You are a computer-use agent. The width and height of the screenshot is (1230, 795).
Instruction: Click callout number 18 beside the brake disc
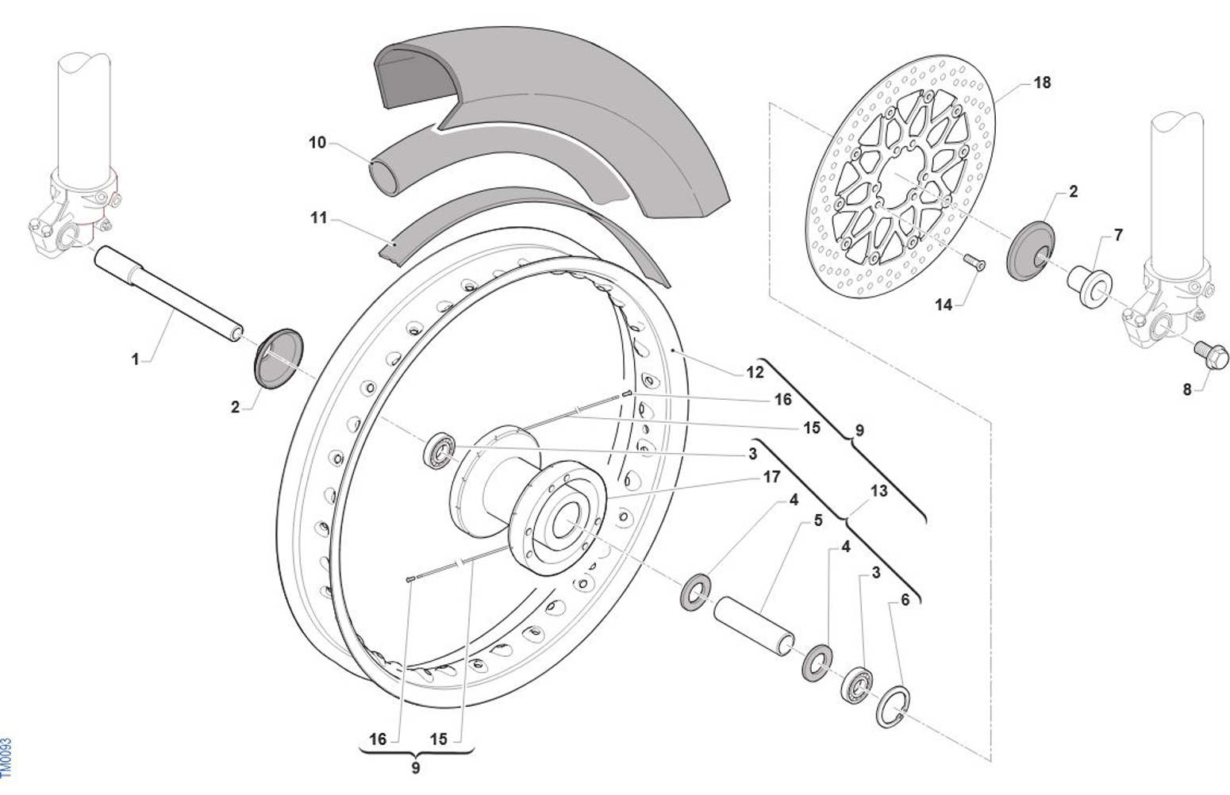click(1041, 83)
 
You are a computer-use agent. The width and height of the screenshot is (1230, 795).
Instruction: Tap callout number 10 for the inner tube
click(317, 143)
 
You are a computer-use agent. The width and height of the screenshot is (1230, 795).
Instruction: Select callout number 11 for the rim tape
click(318, 217)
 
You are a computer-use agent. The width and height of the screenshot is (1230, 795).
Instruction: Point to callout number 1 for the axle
click(135, 359)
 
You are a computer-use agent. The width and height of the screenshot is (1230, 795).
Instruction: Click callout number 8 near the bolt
click(1187, 390)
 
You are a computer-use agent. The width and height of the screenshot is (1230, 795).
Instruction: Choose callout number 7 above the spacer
click(1118, 236)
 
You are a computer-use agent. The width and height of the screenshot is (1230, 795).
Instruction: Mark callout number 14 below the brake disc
click(943, 305)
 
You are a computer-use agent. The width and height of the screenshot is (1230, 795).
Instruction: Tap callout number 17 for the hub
click(771, 477)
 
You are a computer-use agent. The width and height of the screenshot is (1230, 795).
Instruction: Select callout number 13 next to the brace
click(878, 491)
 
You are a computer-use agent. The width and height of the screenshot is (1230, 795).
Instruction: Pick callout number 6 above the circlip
click(905, 601)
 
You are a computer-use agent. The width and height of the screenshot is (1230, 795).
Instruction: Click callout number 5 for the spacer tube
click(818, 521)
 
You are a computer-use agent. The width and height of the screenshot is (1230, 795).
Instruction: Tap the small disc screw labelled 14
click(974, 263)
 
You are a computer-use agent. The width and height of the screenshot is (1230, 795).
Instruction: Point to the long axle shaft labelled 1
click(167, 293)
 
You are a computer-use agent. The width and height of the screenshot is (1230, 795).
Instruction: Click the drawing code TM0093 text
click(7, 758)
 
